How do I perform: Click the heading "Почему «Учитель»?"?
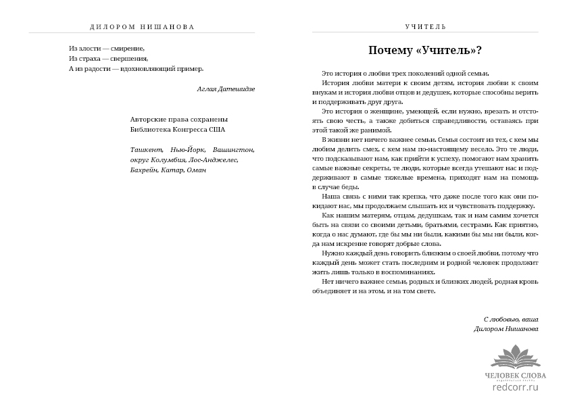coord(424,51)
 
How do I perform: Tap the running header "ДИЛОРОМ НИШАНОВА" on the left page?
coord(142,27)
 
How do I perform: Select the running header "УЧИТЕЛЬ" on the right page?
coord(425,27)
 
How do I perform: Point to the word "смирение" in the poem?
coord(128,48)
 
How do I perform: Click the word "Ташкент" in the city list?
coord(146,149)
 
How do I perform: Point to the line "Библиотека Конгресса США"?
coord(178,129)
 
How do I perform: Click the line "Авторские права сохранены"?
coord(174,119)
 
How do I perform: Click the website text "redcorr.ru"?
coord(516,388)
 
